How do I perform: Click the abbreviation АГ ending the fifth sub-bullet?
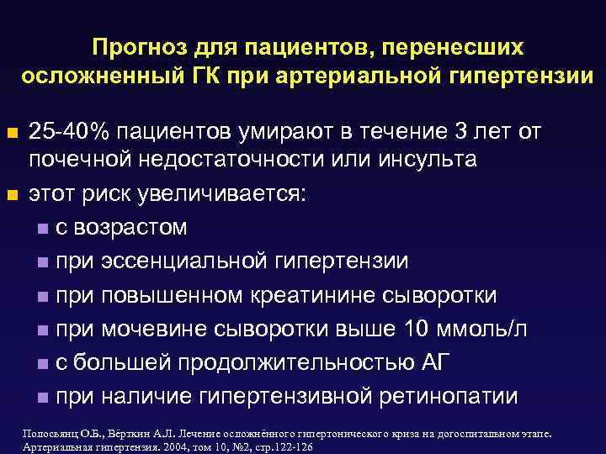coord(439,362)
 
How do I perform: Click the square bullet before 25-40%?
coord(12,133)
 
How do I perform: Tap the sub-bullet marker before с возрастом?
coord(43,229)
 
